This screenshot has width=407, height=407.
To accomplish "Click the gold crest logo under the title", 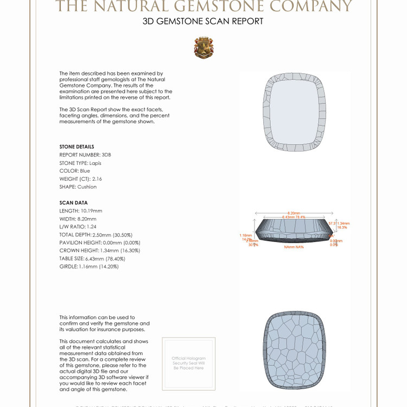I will point(203,48).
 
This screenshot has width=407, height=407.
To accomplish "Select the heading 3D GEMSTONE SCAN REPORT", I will point(203,22).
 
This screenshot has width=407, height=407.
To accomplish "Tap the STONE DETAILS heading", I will point(77,147).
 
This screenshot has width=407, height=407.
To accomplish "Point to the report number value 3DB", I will point(106,155).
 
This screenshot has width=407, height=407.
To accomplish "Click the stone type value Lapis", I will point(96,163).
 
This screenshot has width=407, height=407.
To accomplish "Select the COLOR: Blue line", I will point(75,171).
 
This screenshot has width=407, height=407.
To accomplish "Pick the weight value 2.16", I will point(97,179).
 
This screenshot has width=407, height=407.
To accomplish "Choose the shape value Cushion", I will point(87,187).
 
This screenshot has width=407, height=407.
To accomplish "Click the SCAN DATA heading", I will point(73,203).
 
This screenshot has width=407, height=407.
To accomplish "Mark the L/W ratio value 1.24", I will point(92,227).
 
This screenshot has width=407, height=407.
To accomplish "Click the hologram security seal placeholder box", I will point(189,363).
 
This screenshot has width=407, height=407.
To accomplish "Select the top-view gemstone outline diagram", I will point(295,111).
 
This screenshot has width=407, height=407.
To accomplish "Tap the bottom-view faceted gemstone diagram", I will point(295,350).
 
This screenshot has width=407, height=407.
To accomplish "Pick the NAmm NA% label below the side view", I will point(294,247).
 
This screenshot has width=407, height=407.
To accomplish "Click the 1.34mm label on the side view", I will point(344,223).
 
